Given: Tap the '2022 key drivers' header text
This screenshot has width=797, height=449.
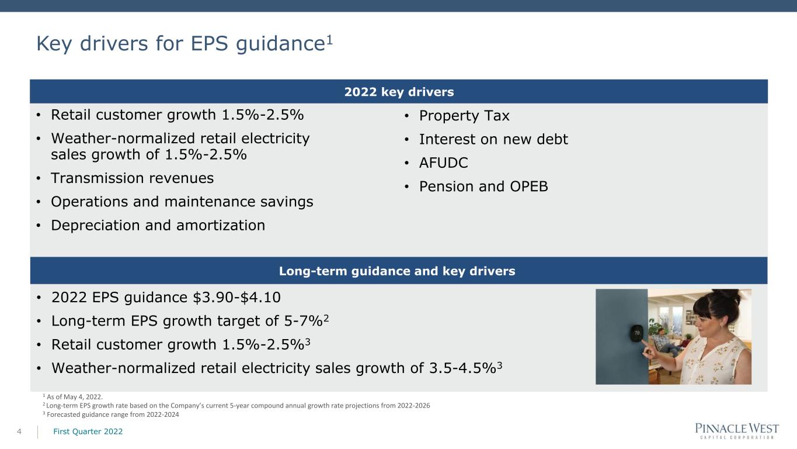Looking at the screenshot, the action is [399, 92].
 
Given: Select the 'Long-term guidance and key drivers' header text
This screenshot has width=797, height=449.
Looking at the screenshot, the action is [396, 271].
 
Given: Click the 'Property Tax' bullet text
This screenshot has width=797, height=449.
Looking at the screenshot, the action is [464, 116].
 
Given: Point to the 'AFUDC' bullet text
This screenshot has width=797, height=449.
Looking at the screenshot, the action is [443, 163].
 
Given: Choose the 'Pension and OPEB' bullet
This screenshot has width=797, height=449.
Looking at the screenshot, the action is [483, 186].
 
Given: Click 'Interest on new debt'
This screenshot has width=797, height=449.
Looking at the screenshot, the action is [493, 139].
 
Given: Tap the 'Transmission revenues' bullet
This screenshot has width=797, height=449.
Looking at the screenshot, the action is [133, 178].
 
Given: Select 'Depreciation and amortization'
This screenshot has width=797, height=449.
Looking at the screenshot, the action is [158, 225].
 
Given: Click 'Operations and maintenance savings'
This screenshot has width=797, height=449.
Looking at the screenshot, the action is [182, 202].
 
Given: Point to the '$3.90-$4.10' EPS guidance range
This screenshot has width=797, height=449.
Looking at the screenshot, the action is [236, 297].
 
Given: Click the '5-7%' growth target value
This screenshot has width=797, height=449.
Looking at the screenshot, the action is [304, 321].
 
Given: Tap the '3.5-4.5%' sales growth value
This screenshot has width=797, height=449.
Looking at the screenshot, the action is [462, 368].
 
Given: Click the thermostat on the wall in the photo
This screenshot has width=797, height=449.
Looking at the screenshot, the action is [637, 333].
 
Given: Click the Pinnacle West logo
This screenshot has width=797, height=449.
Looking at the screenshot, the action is [737, 430].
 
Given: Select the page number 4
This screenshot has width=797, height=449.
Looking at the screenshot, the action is [19, 431].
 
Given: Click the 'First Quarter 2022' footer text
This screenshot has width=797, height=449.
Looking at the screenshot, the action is [88, 431].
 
